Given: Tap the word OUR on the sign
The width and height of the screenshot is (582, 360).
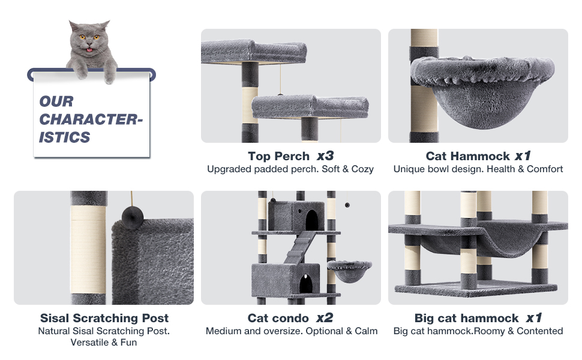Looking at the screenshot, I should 56,101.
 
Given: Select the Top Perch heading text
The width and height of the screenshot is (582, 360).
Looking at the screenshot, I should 278,156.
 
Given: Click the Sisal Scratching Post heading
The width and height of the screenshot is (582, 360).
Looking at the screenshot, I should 104,318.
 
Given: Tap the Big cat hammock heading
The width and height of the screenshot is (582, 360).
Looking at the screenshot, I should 466,318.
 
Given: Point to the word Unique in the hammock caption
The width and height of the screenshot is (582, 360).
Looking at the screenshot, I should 409,169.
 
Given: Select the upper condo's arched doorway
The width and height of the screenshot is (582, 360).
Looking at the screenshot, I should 312,220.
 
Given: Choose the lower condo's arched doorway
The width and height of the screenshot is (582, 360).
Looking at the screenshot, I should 306,283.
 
